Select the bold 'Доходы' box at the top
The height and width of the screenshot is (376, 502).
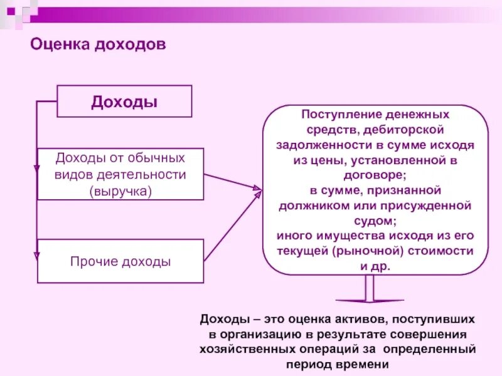(x=124, y=102)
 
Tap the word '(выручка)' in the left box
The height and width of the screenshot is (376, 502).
(x=120, y=190)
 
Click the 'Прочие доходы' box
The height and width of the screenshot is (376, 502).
(x=120, y=261)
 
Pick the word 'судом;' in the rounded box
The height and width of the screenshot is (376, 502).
(x=375, y=221)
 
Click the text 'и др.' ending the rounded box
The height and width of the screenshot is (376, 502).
(x=375, y=266)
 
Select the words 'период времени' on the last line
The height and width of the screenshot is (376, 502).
(x=336, y=364)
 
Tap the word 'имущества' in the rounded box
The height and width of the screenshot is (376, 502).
(x=336, y=236)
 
